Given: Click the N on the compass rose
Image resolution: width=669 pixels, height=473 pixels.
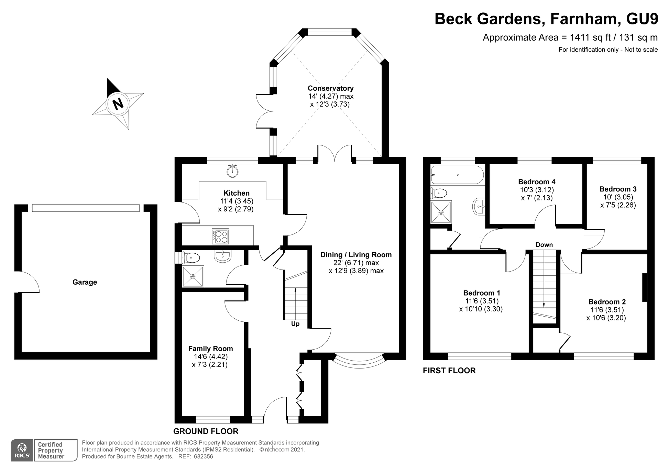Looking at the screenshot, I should pyautogui.click(x=118, y=103).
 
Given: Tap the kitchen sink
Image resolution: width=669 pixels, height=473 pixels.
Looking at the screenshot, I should pyautogui.click(x=233, y=171).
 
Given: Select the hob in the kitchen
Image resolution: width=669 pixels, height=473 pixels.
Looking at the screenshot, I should pyautogui.click(x=220, y=236).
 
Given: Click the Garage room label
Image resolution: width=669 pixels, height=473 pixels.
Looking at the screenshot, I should pyautogui.click(x=85, y=282).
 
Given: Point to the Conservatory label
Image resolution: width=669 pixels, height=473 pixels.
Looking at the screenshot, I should pyautogui.click(x=330, y=88).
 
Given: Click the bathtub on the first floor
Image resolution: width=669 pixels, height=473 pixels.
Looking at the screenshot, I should pyautogui.click(x=457, y=175).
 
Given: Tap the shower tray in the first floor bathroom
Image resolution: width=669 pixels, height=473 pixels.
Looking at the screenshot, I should pyautogui.click(x=441, y=212).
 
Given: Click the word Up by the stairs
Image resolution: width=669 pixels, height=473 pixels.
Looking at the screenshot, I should pyautogui.click(x=295, y=324).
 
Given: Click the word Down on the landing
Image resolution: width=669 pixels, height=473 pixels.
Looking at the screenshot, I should pyautogui.click(x=544, y=245).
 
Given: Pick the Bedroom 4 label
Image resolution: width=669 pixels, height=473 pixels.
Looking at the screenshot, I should pyautogui.click(x=537, y=182).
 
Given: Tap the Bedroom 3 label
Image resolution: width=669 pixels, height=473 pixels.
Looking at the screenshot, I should pyautogui.click(x=618, y=189).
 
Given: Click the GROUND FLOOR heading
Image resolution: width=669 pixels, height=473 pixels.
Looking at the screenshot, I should pyautogui.click(x=206, y=431).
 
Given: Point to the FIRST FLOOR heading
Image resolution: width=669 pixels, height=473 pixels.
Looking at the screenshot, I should pyautogui.click(x=449, y=371).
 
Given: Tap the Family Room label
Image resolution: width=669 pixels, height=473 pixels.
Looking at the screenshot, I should pyautogui.click(x=210, y=349).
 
